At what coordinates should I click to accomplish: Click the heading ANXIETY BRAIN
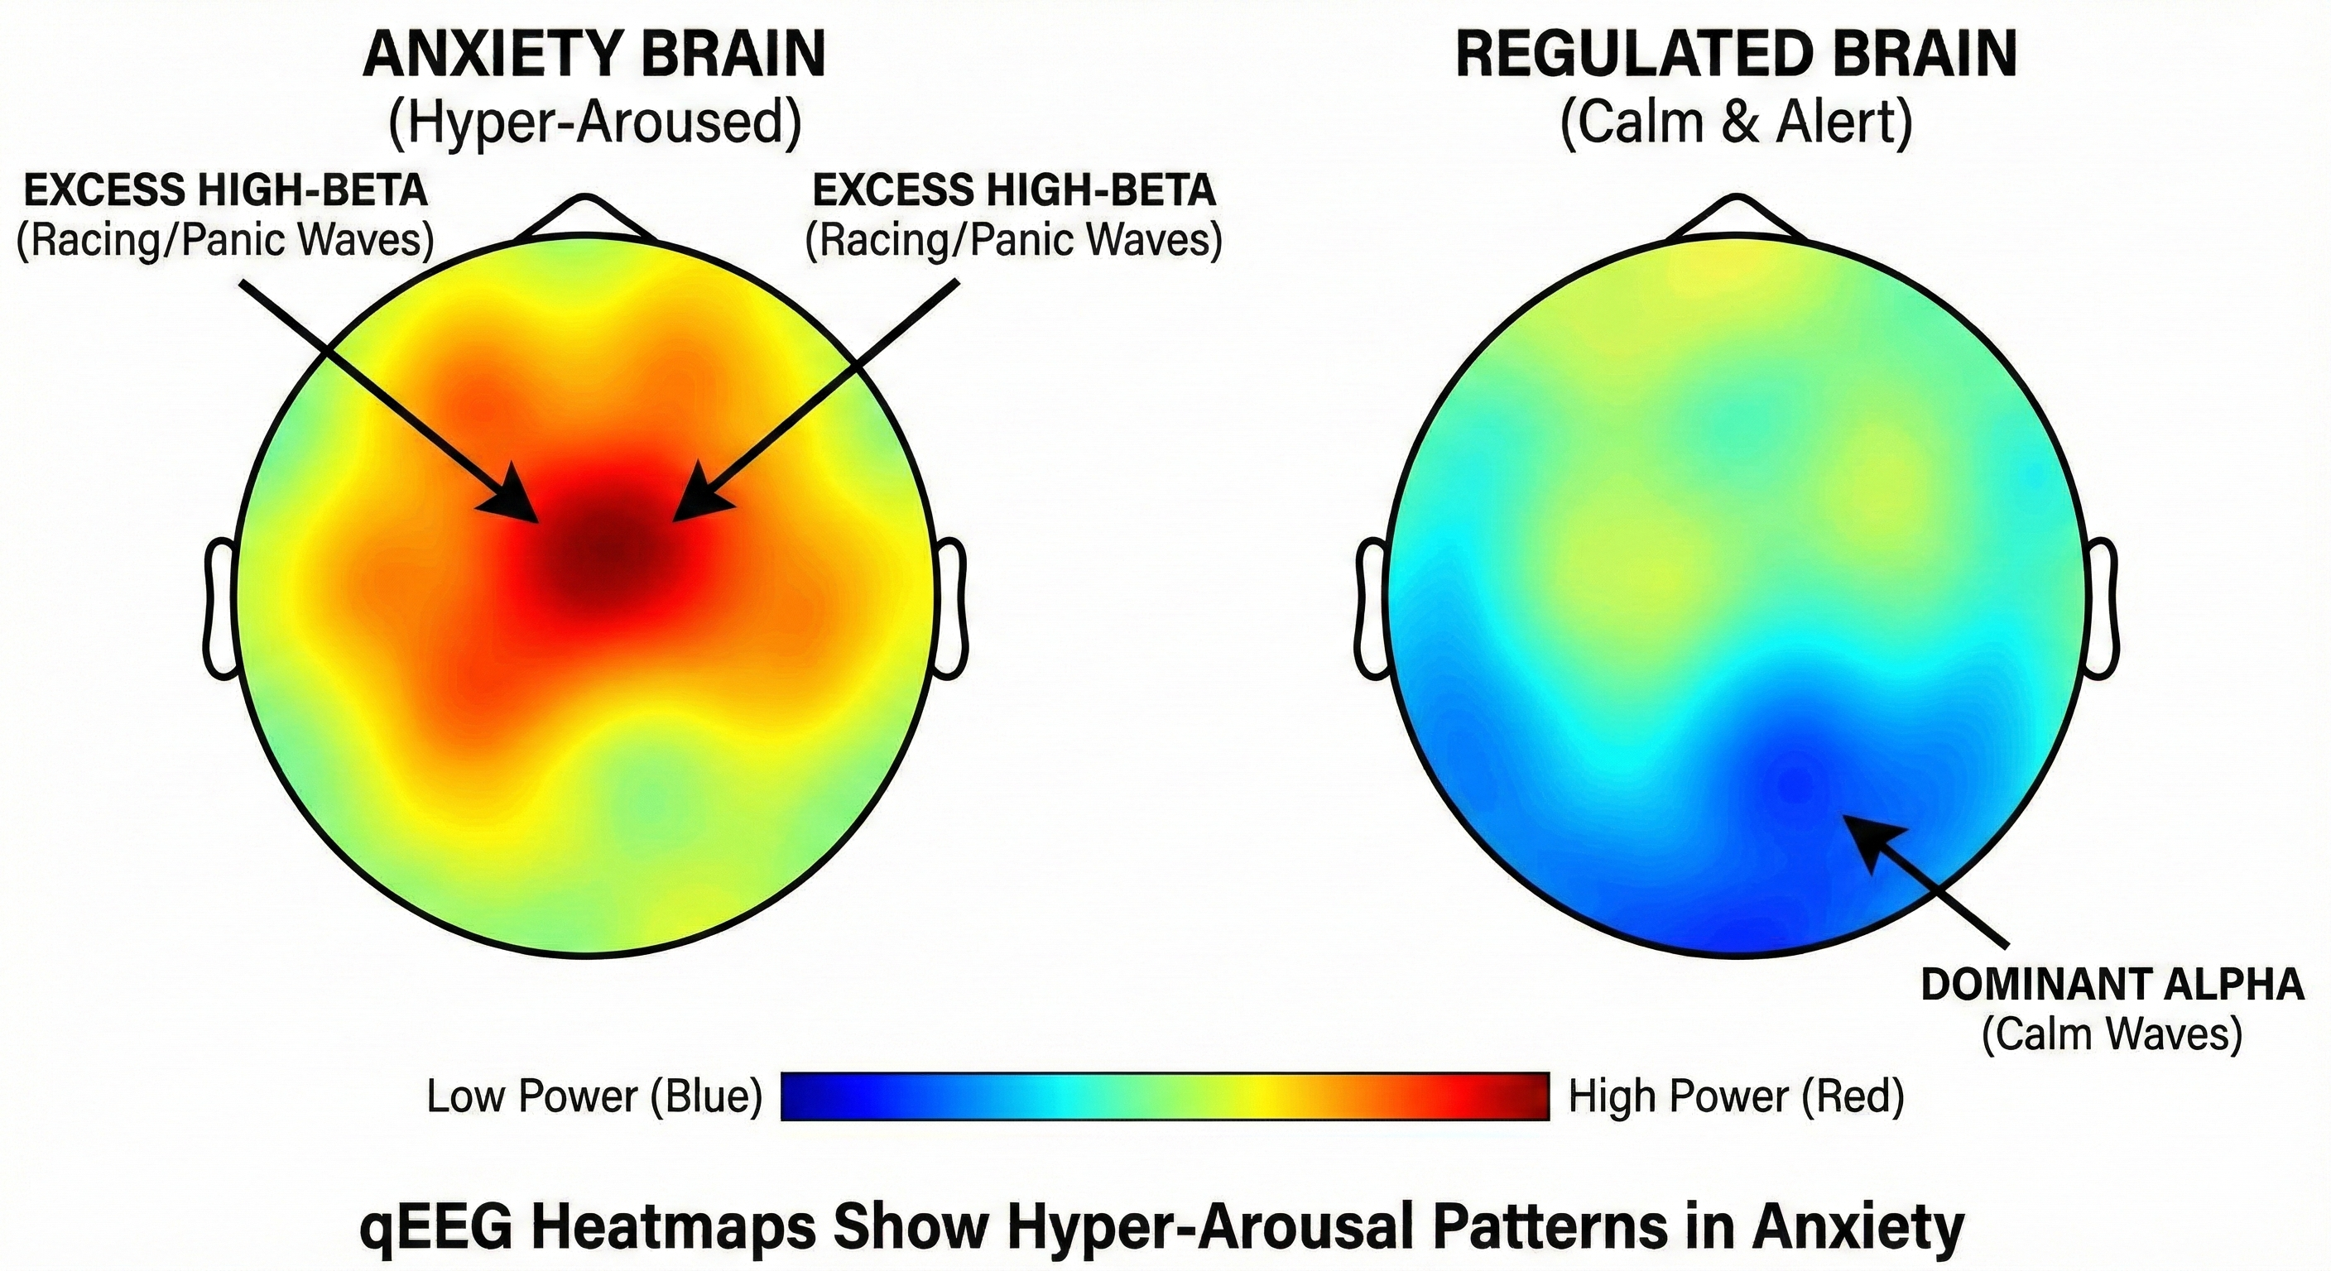click(x=594, y=55)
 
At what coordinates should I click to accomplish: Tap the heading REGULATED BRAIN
click(x=1736, y=55)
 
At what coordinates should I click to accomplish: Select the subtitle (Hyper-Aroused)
click(x=594, y=123)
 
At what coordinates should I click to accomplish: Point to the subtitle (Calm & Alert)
click(x=1736, y=123)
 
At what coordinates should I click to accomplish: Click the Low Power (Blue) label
click(x=594, y=1096)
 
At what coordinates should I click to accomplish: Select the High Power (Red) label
click(x=1736, y=1096)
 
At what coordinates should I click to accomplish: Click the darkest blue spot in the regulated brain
click(x=1796, y=779)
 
